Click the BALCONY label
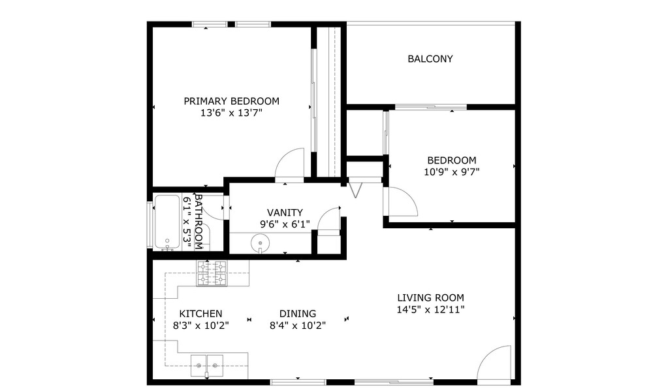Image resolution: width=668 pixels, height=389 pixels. (x=430, y=59)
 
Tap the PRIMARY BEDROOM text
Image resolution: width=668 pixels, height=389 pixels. (x=231, y=101)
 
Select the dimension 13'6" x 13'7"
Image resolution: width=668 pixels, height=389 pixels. (x=231, y=112)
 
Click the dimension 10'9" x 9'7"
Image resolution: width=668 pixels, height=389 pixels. (x=451, y=172)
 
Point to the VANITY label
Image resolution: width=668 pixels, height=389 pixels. (x=285, y=212)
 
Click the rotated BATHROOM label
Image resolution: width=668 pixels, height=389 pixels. (x=200, y=222)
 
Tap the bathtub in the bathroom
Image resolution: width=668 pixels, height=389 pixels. (x=167, y=222)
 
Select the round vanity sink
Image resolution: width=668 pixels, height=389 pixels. (x=260, y=244)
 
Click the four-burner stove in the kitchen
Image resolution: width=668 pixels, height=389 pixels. (x=212, y=273)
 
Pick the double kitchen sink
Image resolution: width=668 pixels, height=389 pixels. (x=206, y=365)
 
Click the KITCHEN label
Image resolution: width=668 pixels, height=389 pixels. (x=200, y=314)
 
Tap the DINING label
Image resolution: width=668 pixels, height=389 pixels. (x=297, y=314)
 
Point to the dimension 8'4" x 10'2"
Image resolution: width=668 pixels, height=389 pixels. (x=297, y=325)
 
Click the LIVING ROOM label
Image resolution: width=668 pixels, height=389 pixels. (x=430, y=298)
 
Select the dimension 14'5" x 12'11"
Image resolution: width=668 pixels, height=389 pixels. (x=430, y=310)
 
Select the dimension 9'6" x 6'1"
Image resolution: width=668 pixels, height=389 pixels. (x=285, y=224)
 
